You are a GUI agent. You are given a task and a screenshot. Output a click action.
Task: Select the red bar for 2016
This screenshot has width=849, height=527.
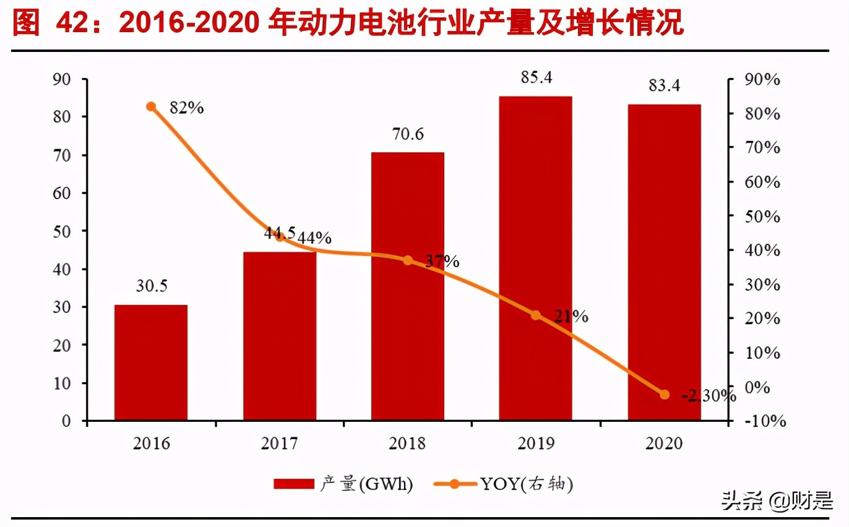pyautogui.click(x=150, y=362)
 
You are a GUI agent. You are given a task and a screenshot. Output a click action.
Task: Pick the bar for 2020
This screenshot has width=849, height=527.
pyautogui.click(x=664, y=262)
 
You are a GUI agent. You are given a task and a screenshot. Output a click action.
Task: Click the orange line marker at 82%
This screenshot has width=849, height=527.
pyautogui.click(x=151, y=106)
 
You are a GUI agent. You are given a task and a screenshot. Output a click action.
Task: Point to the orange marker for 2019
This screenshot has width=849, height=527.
pyautogui.click(x=535, y=315)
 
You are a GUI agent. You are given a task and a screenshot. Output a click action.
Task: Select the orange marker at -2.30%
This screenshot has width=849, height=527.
pyautogui.click(x=665, y=394)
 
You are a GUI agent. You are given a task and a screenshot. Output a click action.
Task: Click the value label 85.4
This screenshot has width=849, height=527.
pyautogui.click(x=536, y=78)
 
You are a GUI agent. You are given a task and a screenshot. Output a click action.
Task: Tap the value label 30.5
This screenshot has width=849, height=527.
pyautogui.click(x=151, y=286)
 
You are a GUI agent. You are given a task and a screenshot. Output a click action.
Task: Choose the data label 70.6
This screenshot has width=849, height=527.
pyautogui.click(x=408, y=134)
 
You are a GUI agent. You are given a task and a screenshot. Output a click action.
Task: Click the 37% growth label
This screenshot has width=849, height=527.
pyautogui.click(x=442, y=262)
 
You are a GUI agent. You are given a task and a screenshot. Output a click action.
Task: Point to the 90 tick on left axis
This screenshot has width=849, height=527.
pyautogui.click(x=64, y=79)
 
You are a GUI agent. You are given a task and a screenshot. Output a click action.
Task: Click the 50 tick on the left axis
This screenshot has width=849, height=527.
pyautogui.click(x=64, y=231)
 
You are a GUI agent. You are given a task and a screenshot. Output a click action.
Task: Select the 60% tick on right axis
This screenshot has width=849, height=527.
pyautogui.click(x=761, y=182)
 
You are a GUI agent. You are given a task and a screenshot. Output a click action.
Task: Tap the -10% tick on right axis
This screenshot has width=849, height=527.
pyautogui.click(x=764, y=421)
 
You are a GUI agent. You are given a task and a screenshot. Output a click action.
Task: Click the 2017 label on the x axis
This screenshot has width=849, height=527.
pyautogui.click(x=279, y=443)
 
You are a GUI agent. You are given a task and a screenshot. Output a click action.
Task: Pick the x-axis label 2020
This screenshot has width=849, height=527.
pyautogui.click(x=664, y=443)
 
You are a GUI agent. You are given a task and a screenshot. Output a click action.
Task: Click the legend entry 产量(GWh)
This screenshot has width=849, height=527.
pyautogui.click(x=343, y=484)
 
